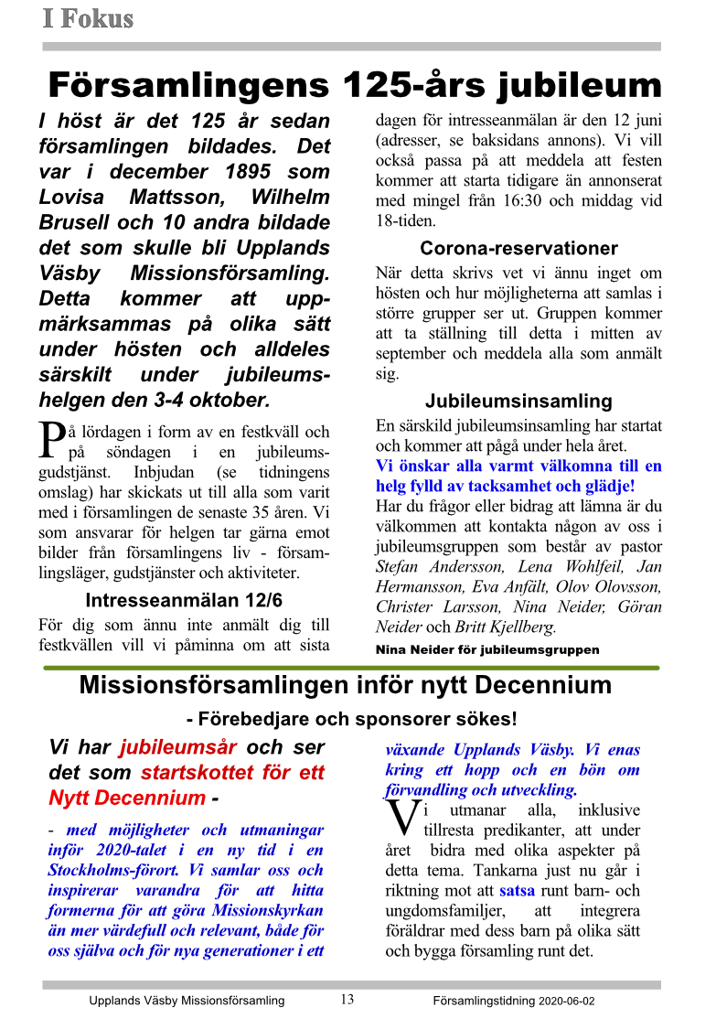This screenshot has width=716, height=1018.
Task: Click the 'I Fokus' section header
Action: [x=88, y=18]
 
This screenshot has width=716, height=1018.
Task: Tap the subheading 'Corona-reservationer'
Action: [x=518, y=248]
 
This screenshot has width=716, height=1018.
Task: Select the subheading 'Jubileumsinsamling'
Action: [x=518, y=401]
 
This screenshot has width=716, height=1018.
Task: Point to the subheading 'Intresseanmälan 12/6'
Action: [x=184, y=601]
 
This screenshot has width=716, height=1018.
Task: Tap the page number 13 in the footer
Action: [x=347, y=999]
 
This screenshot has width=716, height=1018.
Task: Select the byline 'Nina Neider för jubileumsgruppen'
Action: [x=487, y=650]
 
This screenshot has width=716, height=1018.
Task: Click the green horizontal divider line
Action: [x=352, y=669]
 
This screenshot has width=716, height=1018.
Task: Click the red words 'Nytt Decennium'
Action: [x=127, y=797]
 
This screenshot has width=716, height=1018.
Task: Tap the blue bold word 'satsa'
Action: [x=517, y=889]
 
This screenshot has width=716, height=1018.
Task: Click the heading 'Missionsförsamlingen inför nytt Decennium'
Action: [x=345, y=686]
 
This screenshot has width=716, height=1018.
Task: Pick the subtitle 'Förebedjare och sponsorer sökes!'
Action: [x=351, y=719]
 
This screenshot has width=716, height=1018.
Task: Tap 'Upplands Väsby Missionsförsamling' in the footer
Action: [x=187, y=1001]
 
